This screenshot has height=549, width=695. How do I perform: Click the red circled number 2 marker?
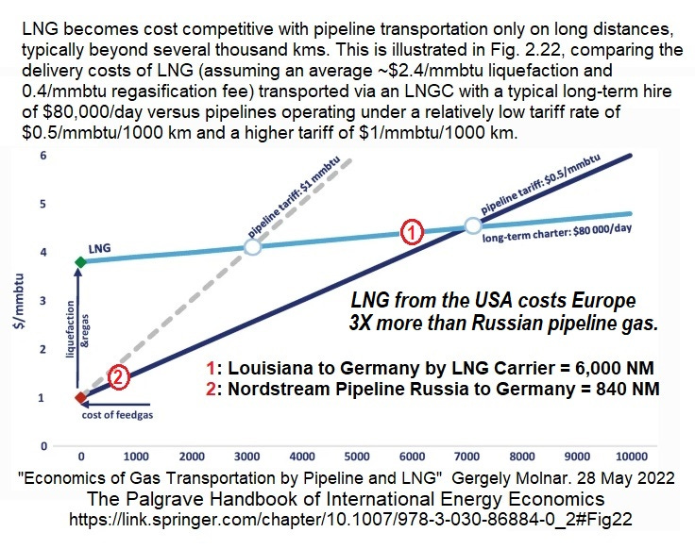coord(118,377)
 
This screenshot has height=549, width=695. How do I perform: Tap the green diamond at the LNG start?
coord(80,261)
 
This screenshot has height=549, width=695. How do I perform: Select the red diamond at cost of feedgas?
coord(80,397)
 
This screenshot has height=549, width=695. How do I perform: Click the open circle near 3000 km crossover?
coord(252,246)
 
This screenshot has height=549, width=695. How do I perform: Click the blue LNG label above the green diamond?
coord(100,248)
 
